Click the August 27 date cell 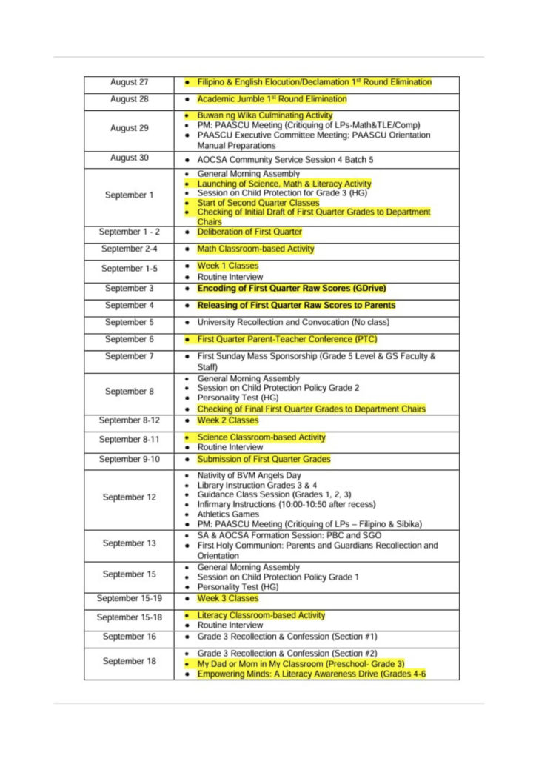[x=129, y=82]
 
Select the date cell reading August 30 [x=129, y=158]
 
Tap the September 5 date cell [x=129, y=323]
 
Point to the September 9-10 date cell [x=129, y=460]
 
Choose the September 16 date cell [x=129, y=637]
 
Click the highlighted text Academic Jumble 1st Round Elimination [x=272, y=99]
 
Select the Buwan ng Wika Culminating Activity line [x=264, y=115]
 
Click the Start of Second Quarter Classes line [x=258, y=203]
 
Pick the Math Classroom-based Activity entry [x=255, y=249]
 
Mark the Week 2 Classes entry [x=227, y=420]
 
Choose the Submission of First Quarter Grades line [x=264, y=460]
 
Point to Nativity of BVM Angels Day [x=249, y=475]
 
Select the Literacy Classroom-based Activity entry [x=261, y=616]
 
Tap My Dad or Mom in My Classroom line [x=301, y=664]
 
